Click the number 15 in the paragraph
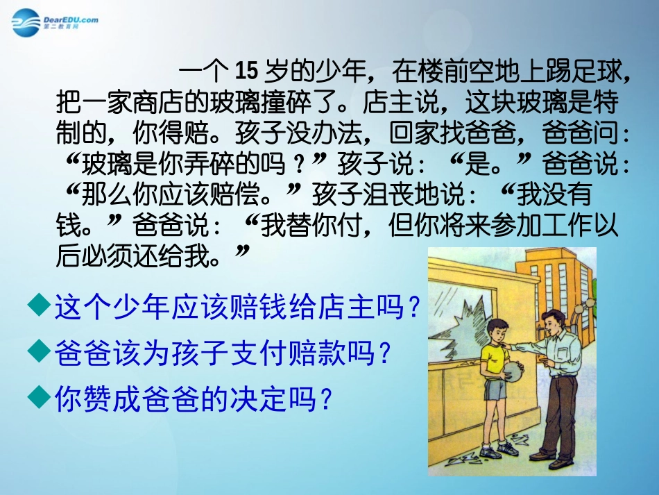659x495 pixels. [x=246, y=72]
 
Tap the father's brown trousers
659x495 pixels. [x=558, y=417]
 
